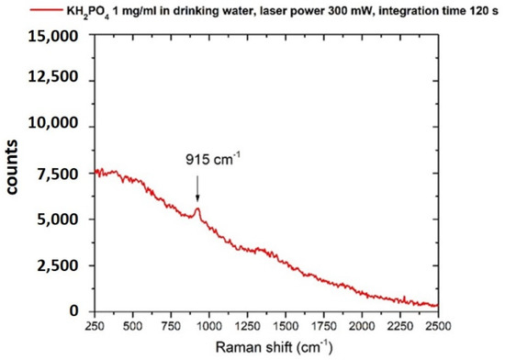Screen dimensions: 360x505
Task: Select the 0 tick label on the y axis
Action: click(x=81, y=311)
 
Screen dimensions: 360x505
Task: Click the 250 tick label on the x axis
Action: click(x=94, y=327)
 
